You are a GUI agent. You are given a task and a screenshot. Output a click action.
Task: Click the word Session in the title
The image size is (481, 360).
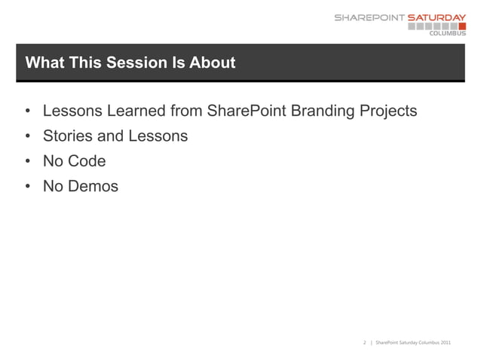134,63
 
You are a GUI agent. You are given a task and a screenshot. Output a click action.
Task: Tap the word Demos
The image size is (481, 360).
93,185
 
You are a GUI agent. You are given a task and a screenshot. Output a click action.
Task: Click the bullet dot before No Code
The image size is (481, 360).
27,162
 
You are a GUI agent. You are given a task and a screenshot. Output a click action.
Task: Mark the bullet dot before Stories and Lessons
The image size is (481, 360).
27,137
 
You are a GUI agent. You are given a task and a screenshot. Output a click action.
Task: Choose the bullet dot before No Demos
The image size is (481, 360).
27,186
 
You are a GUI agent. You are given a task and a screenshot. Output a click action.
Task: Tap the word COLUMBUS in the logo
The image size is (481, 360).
447,33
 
